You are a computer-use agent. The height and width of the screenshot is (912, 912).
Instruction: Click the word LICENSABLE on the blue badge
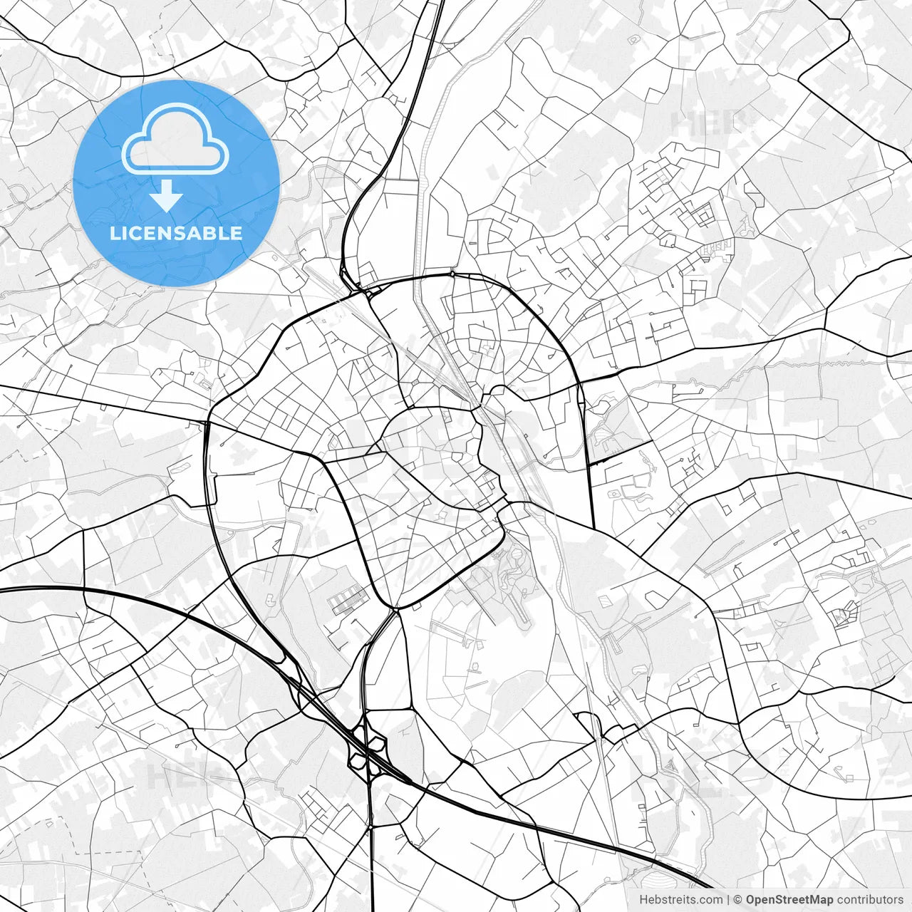[176, 234]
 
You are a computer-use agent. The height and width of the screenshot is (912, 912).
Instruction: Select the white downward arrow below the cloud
[167, 195]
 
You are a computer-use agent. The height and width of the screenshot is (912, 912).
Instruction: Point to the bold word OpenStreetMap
[789, 900]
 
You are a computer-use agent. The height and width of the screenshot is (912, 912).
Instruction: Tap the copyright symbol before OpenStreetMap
[738, 900]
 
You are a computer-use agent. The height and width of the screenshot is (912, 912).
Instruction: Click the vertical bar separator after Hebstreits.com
[727, 900]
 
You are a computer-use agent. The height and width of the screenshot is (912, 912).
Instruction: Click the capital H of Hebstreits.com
[643, 900]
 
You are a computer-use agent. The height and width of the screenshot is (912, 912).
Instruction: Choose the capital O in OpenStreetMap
[751, 900]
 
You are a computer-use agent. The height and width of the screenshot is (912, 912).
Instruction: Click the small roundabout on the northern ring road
[452, 274]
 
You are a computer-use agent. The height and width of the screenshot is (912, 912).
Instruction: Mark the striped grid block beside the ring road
[347, 600]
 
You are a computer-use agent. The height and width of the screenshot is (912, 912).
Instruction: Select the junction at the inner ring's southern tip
[395, 609]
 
